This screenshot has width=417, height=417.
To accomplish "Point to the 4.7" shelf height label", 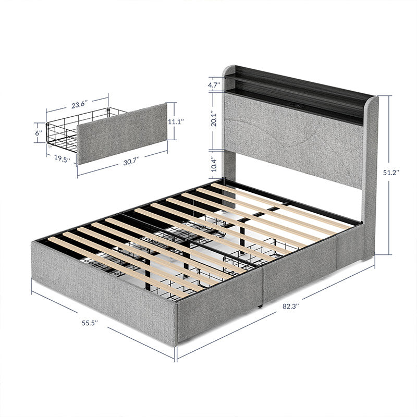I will pyautogui.click(x=213, y=84).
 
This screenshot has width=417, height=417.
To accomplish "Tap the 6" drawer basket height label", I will pyautogui.click(x=38, y=133).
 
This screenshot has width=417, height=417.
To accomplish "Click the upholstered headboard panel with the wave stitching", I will pyautogui.click(x=292, y=138).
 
